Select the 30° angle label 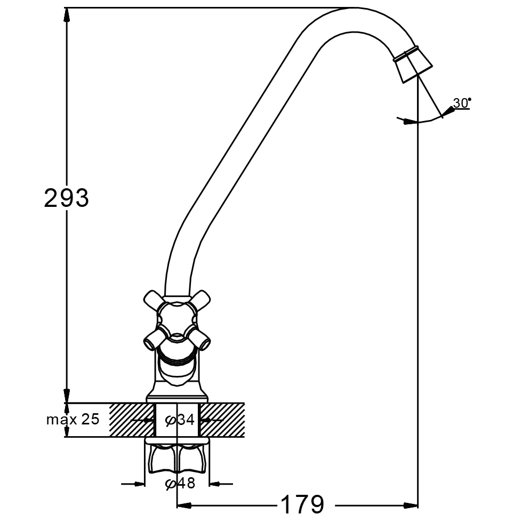pos(461,102)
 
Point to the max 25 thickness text pos(73,420)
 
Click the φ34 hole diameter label pos(180,420)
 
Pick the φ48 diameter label pos(180,484)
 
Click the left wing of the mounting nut pos(160,459)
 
